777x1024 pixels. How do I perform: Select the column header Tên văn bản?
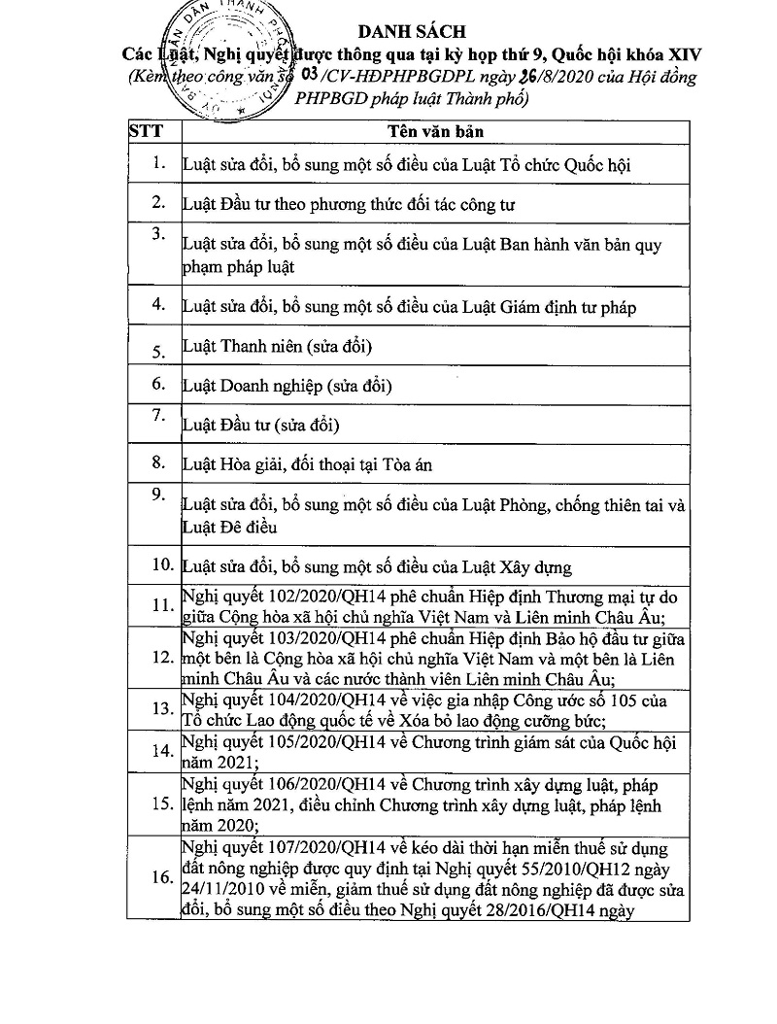point(434,131)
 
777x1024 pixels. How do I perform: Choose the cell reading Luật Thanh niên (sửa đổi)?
point(278,347)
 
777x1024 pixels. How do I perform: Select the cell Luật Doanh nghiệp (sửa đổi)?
point(287,386)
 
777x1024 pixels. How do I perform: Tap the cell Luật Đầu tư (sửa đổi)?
point(261,425)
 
